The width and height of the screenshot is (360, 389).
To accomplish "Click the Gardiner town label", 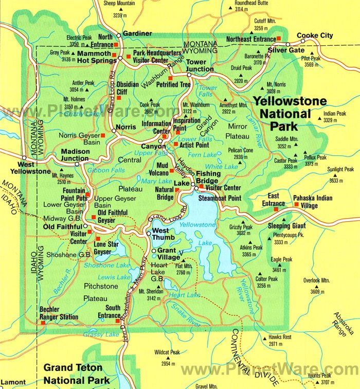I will [x=137, y=33].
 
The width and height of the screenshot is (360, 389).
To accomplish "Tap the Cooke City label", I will [x=315, y=36].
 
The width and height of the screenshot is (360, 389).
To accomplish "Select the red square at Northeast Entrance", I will [x=278, y=39].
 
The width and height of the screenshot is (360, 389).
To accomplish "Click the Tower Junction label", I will [x=200, y=66].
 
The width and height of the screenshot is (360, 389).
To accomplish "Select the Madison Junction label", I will [x=76, y=155].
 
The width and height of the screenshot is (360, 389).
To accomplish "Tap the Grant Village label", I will [x=169, y=254].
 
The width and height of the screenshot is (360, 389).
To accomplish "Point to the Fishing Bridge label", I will [x=208, y=178].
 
